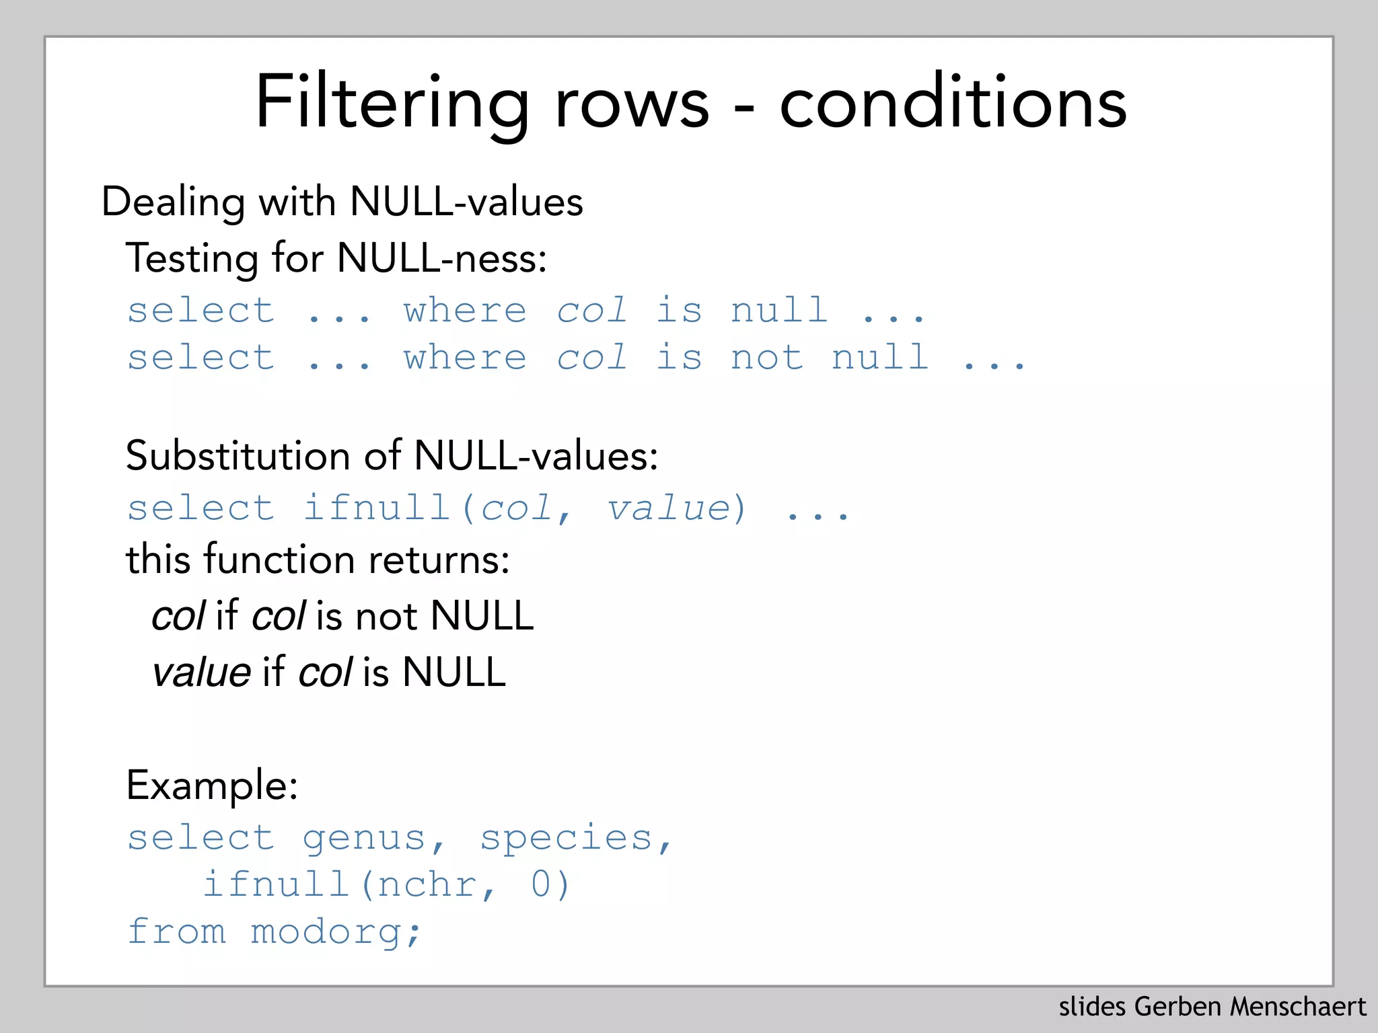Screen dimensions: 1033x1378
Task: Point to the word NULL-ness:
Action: tap(441, 258)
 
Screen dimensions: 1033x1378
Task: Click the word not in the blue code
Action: tap(767, 357)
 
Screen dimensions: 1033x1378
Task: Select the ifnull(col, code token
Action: tap(437, 508)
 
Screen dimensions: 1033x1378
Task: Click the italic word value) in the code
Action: tap(676, 508)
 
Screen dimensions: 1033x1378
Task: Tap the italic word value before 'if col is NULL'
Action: tap(201, 672)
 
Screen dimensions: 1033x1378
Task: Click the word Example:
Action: tap(212, 785)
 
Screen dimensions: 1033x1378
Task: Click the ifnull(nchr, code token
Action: tap(350, 884)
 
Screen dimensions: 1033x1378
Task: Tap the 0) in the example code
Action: tap(550, 884)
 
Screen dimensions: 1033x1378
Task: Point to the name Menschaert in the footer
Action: tap(1298, 1007)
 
